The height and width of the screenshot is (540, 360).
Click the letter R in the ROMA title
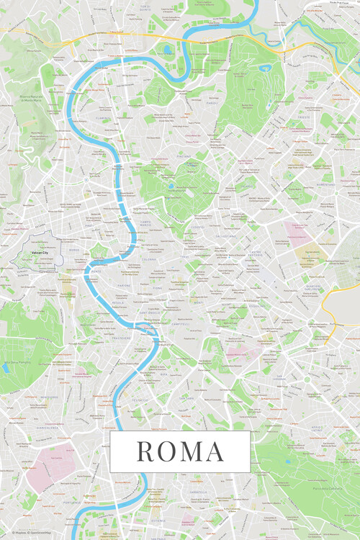click(x=143, y=451)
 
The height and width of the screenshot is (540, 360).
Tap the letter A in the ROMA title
click(x=214, y=451)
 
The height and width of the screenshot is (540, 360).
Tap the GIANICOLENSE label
click(x=49, y=397)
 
